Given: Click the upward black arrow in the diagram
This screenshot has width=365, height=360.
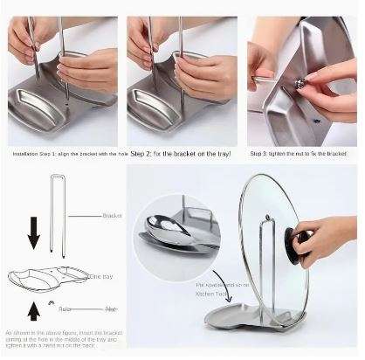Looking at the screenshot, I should pyautogui.click(x=32, y=307).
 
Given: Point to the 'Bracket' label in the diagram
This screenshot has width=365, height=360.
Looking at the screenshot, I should pyautogui.click(x=112, y=215).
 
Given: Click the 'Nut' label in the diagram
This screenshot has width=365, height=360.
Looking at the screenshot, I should pyautogui.click(x=111, y=309).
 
